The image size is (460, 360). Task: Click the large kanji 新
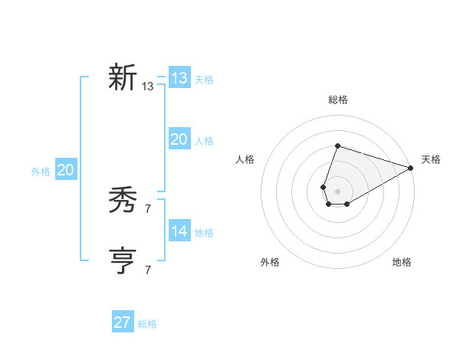pos(123,78)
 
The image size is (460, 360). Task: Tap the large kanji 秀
pos(123,201)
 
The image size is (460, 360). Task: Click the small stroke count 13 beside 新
pos(148,87)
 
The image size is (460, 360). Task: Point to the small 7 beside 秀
pos(148,209)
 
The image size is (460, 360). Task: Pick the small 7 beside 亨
pos(148,270)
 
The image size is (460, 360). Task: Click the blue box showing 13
pos(179,78)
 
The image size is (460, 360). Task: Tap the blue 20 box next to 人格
pos(179,139)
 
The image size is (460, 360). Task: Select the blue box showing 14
pos(179,231)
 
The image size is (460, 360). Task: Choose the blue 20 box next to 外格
pos(65,170)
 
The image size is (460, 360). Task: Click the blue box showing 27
pos(123,322)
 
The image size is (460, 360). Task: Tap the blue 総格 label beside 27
pos(147,324)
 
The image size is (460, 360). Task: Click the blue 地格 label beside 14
pos(204,233)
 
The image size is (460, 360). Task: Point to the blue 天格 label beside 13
pos(204,80)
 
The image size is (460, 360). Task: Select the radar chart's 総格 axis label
pos(337,100)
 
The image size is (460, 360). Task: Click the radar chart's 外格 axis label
pos(270,263)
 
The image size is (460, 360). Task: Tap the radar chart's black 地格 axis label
pos(402,263)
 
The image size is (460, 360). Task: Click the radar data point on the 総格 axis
pos(337,146)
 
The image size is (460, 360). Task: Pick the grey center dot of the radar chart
pos(337,191)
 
